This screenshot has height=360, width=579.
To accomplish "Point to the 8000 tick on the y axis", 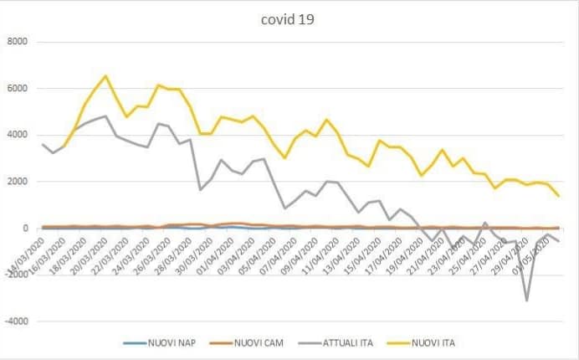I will (x=18, y=42).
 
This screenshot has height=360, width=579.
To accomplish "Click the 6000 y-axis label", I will (x=18, y=89).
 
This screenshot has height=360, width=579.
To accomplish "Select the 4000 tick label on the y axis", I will (x=18, y=135).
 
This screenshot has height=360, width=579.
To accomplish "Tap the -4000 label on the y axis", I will (x=16, y=321).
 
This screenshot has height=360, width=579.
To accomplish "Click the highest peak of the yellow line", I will (x=105, y=76).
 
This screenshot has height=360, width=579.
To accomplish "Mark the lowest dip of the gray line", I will (x=526, y=300).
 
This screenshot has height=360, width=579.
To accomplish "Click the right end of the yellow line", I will (x=558, y=196).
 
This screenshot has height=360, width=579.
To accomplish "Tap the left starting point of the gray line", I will (x=43, y=144).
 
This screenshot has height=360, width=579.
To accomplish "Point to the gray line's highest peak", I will (x=105, y=116).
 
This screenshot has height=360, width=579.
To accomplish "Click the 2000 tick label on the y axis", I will (x=18, y=182).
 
